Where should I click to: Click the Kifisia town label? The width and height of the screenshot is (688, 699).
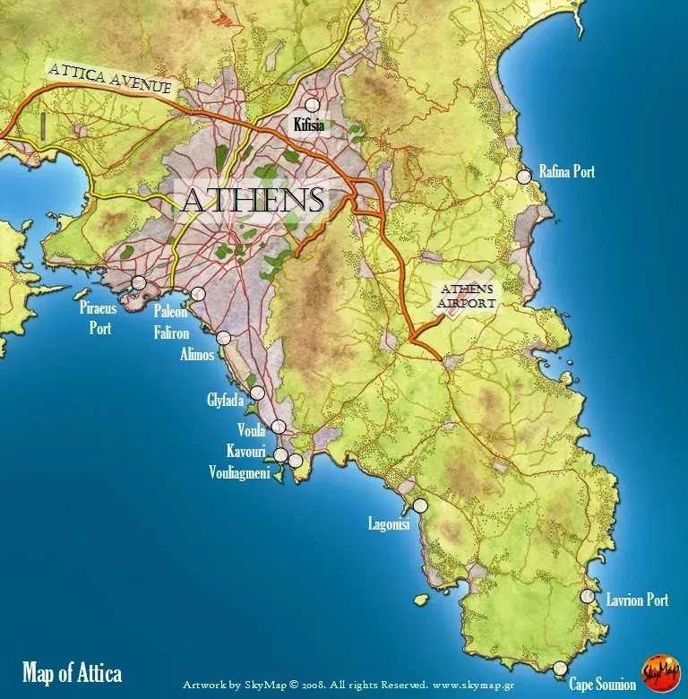pyautogui.click(x=311, y=125)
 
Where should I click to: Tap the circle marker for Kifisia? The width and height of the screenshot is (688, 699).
pyautogui.click(x=313, y=106)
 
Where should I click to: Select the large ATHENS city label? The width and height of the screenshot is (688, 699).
pyautogui.click(x=252, y=201)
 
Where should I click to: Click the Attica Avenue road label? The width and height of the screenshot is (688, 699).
pyautogui.click(x=112, y=77)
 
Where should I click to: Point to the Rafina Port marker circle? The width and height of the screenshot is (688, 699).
pyautogui.click(x=524, y=177)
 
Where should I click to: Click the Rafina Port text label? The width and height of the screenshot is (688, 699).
pyautogui.click(x=566, y=171)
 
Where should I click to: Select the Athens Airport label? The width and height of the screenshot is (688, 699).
pyautogui.click(x=464, y=297)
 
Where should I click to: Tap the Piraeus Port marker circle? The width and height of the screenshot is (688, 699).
pyautogui.click(x=139, y=283)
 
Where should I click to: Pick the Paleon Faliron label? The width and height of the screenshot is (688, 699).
pyautogui.click(x=170, y=320)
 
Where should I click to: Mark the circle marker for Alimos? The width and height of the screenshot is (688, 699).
pyautogui.click(x=223, y=338)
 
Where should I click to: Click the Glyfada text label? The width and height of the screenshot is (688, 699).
pyautogui.click(x=226, y=401)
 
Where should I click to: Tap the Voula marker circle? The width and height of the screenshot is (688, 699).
pyautogui.click(x=279, y=427)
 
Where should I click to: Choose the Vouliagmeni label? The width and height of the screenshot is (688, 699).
pyautogui.click(x=239, y=472)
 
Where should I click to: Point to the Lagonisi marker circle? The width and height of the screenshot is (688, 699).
pyautogui.click(x=420, y=506)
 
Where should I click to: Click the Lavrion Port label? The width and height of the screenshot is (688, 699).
pyautogui.click(x=637, y=600)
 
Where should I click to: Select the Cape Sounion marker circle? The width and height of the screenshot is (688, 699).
pyautogui.click(x=560, y=668)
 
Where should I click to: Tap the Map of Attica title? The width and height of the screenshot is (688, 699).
pyautogui.click(x=72, y=673)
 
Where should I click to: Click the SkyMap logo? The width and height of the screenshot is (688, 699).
pyautogui.click(x=659, y=673)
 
